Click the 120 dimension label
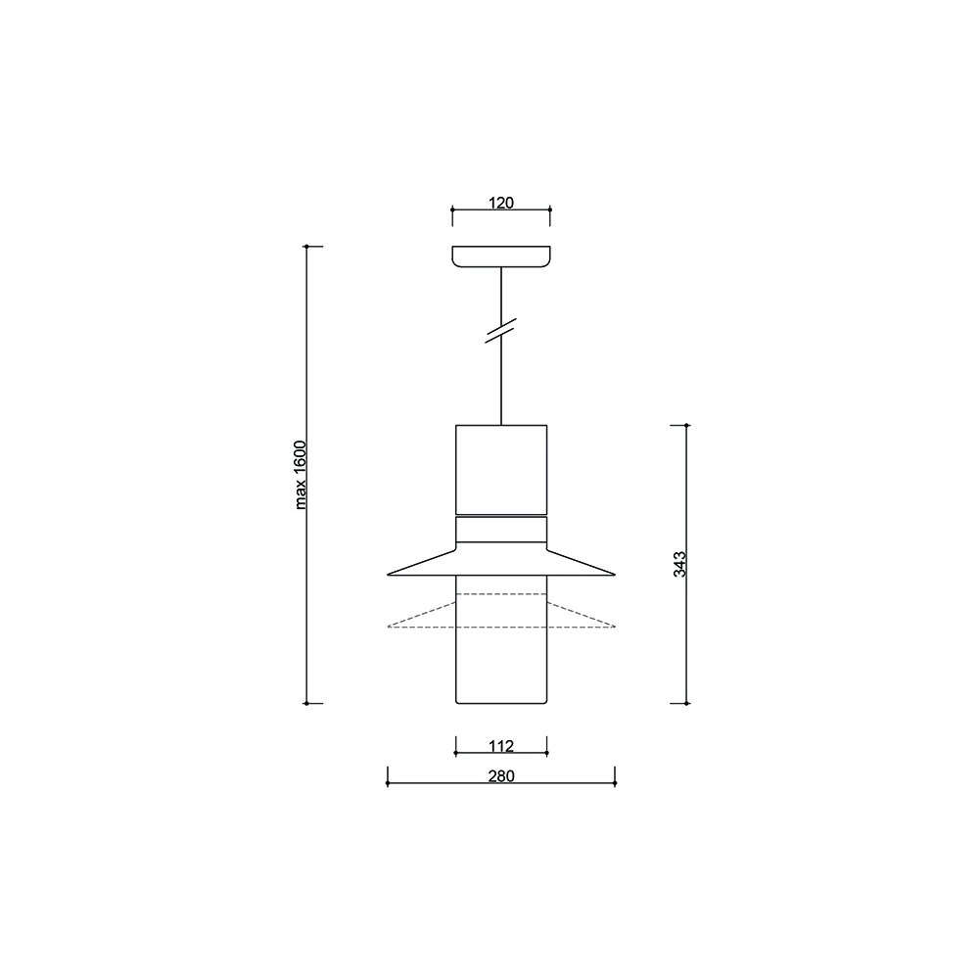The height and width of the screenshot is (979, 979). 500,203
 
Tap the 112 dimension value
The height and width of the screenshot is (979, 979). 501,746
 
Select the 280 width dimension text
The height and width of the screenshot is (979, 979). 501,776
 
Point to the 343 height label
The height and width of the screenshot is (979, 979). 680,564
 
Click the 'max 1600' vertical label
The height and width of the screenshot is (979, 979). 301,475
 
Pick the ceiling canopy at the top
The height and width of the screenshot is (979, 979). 501,256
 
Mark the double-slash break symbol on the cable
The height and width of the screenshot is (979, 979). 501,330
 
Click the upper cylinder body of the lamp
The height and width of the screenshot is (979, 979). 501,470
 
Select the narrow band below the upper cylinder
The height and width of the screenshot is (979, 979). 501,530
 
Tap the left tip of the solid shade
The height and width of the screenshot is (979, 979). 388,574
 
